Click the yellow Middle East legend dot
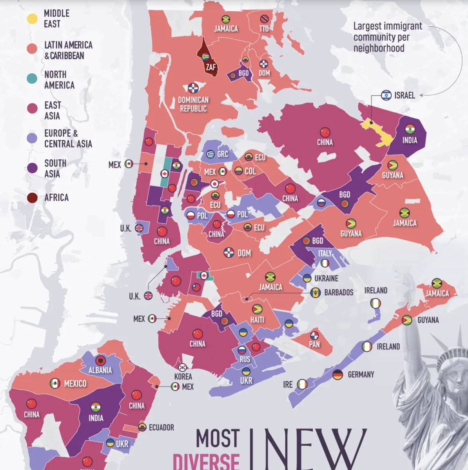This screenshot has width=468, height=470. (32, 18)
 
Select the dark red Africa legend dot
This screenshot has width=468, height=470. (32, 198)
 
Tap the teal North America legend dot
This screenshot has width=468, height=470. (32, 79)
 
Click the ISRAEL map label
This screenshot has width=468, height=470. (405, 95)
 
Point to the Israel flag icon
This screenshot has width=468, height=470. (386, 95)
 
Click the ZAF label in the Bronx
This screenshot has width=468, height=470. (210, 67)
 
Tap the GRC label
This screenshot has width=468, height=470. (222, 154)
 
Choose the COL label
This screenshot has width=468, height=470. (250, 171)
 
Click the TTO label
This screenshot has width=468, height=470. (264, 29)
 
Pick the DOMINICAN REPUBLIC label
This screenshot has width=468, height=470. (193, 104)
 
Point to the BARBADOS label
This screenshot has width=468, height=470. (339, 293)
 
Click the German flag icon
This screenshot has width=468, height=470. (337, 374)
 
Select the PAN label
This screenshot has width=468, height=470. (314, 345)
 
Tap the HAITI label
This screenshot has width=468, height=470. (257, 320)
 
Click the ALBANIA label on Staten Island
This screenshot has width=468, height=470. (100, 370)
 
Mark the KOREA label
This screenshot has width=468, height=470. (183, 376)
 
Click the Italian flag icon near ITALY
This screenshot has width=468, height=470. (325, 264)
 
